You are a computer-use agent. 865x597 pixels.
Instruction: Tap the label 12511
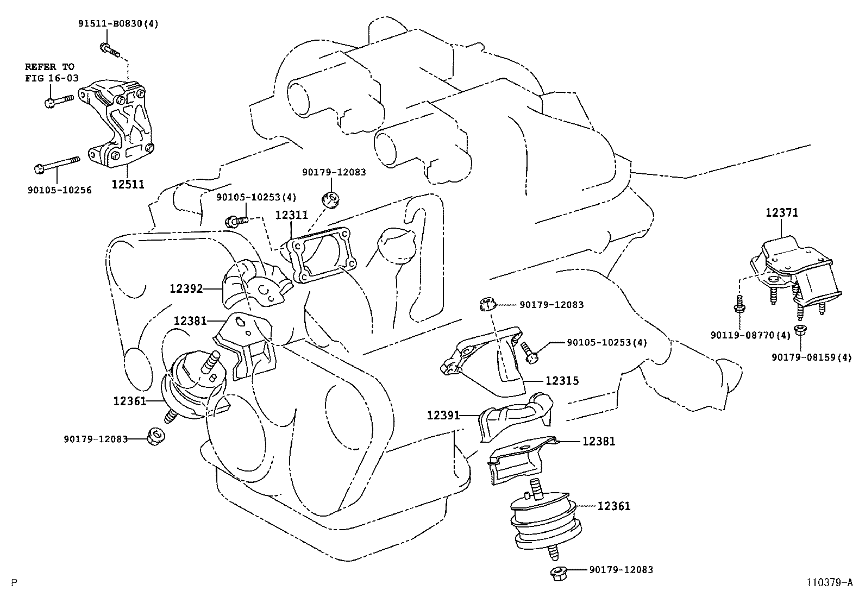128,184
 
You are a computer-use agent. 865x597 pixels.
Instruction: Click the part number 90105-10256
59,190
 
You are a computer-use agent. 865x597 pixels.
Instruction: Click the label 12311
291,215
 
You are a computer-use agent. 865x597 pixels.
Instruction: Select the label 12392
186,288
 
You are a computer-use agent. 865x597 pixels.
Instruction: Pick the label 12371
782,212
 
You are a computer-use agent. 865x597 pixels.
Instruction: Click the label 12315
562,381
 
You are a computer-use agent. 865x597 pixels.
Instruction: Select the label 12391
443,416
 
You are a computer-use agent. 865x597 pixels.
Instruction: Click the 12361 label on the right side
614,506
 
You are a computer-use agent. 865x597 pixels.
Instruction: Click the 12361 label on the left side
130,401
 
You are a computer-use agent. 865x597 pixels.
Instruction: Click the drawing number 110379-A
829,583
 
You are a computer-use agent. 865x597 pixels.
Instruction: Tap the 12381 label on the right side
599,442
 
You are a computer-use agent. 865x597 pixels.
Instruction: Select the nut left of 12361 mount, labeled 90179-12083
155,435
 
